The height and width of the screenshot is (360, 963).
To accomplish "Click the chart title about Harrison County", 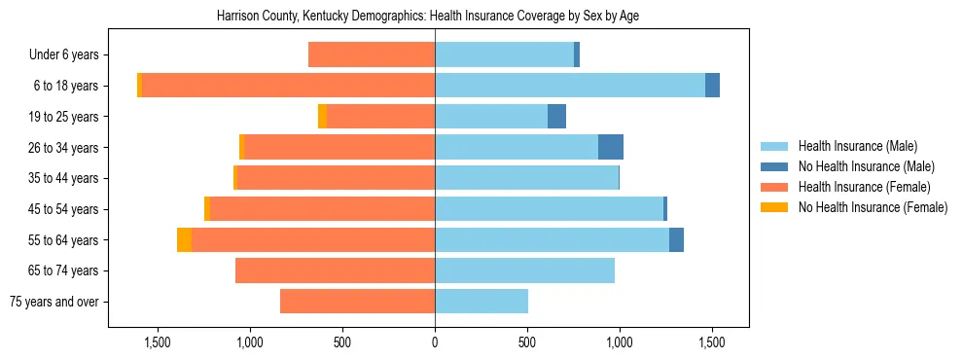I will pos(435,17).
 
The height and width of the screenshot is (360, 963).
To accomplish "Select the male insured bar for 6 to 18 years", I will pos(569,86).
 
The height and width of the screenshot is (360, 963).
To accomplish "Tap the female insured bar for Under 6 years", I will pos(372,54).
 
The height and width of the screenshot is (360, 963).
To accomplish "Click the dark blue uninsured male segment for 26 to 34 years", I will pos(610,147).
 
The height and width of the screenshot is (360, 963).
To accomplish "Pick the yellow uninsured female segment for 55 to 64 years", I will pos(184,239).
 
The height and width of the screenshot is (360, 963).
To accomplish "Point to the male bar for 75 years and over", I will pos(481,302).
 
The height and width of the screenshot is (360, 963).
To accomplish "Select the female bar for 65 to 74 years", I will pos(335,270).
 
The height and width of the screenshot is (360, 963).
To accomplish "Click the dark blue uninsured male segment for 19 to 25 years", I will pos(556,117).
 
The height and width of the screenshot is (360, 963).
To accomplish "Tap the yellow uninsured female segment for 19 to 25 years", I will pos(322,117).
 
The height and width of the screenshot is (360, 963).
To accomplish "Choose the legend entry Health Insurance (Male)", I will pos(857,146).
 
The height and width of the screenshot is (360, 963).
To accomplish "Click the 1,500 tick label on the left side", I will pos(158,342).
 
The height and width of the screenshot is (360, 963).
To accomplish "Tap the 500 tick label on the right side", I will pos(527,342).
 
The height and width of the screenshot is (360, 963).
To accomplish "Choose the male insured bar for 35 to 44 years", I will pos(526,178).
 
